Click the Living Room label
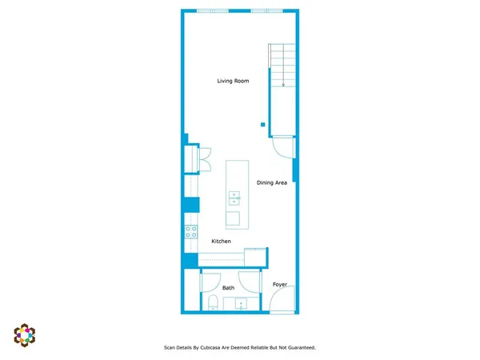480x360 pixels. click(x=234, y=81)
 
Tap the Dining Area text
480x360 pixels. click(x=272, y=183)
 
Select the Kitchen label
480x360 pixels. click(x=222, y=241)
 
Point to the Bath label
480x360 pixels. click(x=229, y=288)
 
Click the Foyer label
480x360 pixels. click(x=280, y=285)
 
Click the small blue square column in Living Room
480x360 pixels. click(x=262, y=124)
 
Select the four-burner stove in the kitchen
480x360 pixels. click(x=192, y=232)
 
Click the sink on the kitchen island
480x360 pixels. click(x=234, y=198)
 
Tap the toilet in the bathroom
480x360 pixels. click(x=212, y=302)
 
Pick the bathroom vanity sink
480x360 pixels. click(x=241, y=303)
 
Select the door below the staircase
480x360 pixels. click(x=284, y=147)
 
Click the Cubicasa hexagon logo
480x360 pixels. click(x=25, y=334)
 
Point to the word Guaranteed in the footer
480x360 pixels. click(x=298, y=348)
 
